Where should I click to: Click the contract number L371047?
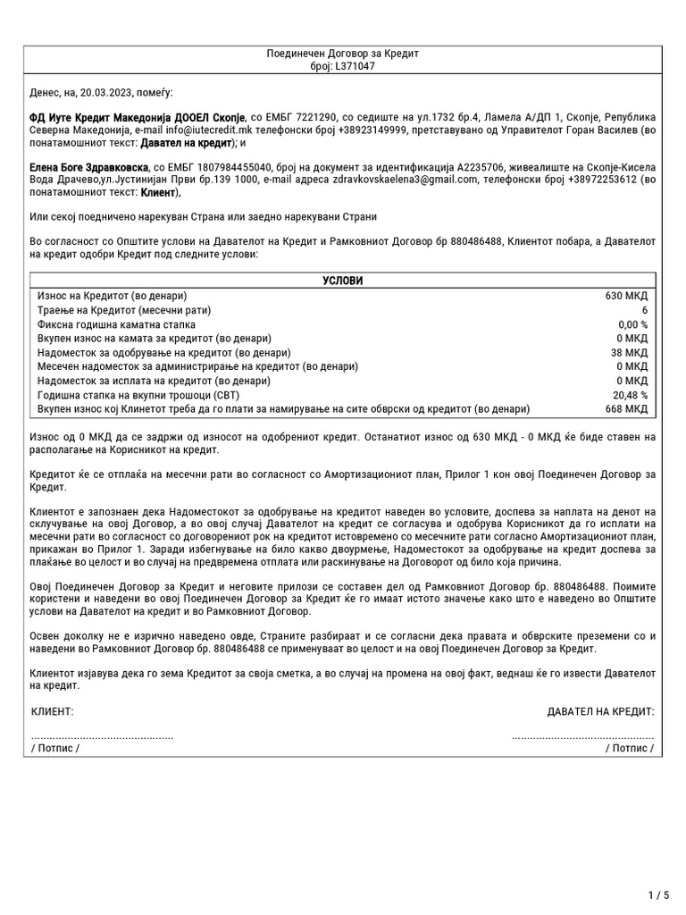(x=355, y=66)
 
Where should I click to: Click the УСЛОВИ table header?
(x=343, y=281)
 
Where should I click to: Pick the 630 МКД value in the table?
(x=626, y=295)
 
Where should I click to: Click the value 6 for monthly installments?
(x=644, y=309)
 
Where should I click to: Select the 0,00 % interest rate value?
(x=632, y=323)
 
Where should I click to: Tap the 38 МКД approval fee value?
(x=629, y=352)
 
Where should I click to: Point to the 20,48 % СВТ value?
(x=630, y=395)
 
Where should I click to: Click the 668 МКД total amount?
(x=626, y=409)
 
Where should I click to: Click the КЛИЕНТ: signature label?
(x=53, y=711)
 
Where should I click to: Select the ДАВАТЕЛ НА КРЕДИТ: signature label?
(x=600, y=711)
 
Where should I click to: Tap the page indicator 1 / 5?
(x=657, y=894)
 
